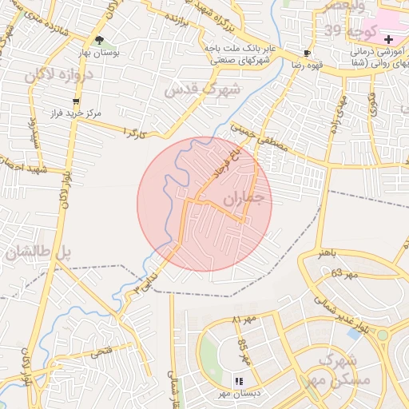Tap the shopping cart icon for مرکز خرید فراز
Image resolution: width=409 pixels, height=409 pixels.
click(x=77, y=101)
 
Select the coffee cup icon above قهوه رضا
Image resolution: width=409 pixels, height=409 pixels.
click(x=307, y=53)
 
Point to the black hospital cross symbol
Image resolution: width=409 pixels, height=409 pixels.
click(x=388, y=39)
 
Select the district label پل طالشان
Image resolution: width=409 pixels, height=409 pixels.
click(x=36, y=254)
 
